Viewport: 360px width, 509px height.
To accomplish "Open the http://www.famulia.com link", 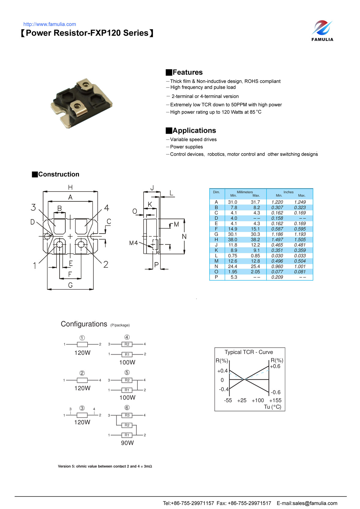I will tap(49, 24).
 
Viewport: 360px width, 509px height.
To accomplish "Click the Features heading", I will tap(187, 72).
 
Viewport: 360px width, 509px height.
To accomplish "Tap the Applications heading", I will tap(194, 130).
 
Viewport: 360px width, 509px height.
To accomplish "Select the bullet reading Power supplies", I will tap(186, 147).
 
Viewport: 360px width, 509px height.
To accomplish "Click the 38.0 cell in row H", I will tap(232, 240).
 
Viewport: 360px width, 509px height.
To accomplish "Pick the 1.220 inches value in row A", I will tap(277, 202).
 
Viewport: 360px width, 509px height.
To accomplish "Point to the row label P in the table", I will tap(216, 277).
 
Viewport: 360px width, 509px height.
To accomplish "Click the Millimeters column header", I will tap(244, 192).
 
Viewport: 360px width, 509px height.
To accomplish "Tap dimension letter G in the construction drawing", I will tap(70, 285).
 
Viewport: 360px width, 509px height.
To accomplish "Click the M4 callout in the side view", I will tap(133, 243).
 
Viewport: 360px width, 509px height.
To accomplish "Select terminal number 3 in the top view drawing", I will tap(33, 207).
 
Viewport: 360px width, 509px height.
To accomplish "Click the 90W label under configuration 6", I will tap(127, 443).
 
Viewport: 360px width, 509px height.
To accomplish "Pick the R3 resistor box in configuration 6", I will tap(127, 415).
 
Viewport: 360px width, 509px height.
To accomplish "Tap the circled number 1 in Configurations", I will tap(82, 338).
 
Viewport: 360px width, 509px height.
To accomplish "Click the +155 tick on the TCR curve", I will tap(275, 400).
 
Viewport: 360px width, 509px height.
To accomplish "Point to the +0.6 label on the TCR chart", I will tap(275, 366).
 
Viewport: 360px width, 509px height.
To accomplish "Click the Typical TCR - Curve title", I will tap(249, 352).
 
